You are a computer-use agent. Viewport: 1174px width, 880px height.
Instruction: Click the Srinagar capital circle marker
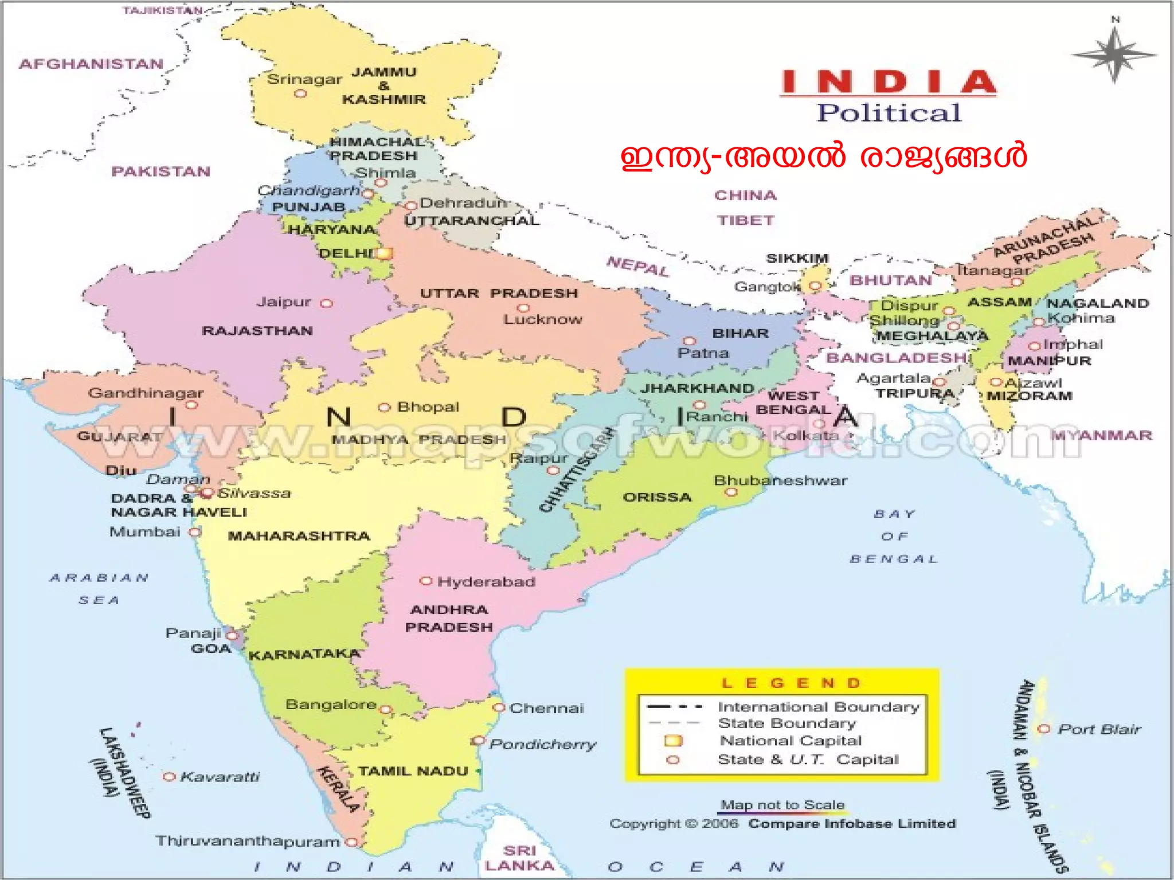coord(300,93)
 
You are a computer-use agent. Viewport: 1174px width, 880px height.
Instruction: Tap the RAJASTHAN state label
coord(257,331)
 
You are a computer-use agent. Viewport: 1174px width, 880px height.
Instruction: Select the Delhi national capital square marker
coord(384,253)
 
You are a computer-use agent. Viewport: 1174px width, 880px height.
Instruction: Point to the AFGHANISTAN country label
coord(91,64)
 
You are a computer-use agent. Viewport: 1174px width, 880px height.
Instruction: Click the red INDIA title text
coord(889,82)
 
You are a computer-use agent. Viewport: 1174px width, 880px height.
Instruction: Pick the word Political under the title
coord(889,113)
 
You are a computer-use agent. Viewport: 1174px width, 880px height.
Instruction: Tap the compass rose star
coord(1114,55)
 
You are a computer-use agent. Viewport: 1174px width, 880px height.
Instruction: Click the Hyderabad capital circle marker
coord(425,581)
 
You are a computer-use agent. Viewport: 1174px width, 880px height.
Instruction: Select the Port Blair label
coord(1099,729)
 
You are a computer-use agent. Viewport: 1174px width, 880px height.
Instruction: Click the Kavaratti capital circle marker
coord(169,777)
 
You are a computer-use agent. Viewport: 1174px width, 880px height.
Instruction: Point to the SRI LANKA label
coord(519,858)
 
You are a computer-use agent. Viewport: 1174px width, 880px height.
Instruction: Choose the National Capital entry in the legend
coord(791,741)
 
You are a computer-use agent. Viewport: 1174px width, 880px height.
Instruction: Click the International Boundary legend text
coord(819,707)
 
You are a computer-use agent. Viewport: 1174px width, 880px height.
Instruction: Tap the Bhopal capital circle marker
coord(384,408)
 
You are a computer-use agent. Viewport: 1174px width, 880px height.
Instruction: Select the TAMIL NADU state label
coord(413,771)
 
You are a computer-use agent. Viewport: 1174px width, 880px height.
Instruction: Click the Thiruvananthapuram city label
coord(248,841)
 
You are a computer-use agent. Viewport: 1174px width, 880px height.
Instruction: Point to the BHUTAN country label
coord(891,280)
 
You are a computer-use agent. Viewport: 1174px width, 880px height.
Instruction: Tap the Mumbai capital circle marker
coord(195,532)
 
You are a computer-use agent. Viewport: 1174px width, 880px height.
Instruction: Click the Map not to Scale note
coord(782,805)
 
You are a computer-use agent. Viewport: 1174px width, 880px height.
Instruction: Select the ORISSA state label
coord(658,497)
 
